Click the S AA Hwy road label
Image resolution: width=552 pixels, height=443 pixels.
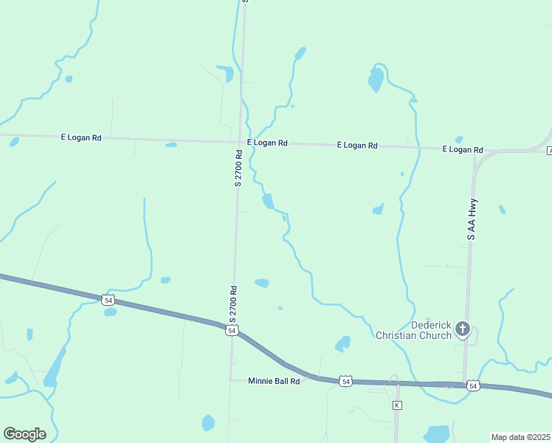point(471,219)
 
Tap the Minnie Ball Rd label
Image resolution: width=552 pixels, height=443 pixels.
point(274,381)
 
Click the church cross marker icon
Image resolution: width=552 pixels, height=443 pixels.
point(463,329)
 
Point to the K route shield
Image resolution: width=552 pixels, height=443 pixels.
point(397,405)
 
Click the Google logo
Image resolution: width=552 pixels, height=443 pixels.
point(25,434)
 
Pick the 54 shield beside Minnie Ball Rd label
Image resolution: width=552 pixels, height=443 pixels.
point(345,381)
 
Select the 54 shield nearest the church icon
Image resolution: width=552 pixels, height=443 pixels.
point(473,385)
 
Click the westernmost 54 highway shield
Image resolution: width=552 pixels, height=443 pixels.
point(108,300)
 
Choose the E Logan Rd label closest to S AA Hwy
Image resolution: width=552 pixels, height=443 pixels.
point(462,149)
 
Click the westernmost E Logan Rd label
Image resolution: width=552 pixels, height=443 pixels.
point(80,137)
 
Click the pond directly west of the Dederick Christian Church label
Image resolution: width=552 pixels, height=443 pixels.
point(342,343)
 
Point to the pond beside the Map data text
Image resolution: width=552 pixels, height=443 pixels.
point(437,433)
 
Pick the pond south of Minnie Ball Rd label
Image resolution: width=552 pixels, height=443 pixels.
point(208,423)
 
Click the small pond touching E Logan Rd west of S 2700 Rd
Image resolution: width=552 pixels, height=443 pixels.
point(171,145)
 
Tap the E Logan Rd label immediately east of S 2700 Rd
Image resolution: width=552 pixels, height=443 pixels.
point(267,142)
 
